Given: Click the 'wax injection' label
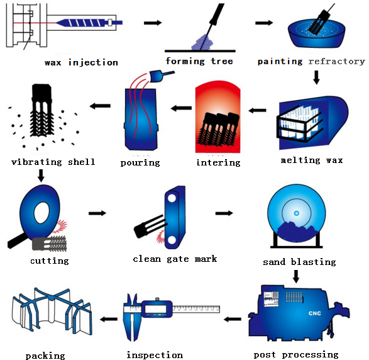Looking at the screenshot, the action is point(81,62).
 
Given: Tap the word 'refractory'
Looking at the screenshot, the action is point(336,62).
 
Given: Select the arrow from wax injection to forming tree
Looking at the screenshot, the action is point(153,23).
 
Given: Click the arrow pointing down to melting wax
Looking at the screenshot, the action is point(316,77).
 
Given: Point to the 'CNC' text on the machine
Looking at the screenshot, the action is point(315,313).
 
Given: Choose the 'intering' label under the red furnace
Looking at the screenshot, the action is point(218,162).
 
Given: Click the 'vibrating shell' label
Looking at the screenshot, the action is point(53,162).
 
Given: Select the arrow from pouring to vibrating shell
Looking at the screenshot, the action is point(100,106).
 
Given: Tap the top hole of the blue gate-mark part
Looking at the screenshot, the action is point(172,198).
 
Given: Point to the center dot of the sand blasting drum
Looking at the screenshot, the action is point(297,213).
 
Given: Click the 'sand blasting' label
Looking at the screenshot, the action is point(299,262).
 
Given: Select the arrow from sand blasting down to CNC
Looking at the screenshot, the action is point(296,276).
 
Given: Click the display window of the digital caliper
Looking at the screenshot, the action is point(156,308).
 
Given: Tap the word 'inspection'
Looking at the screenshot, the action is point(155,355).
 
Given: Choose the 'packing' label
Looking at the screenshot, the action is point(45,356).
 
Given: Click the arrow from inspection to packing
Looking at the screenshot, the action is point(109,319).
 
